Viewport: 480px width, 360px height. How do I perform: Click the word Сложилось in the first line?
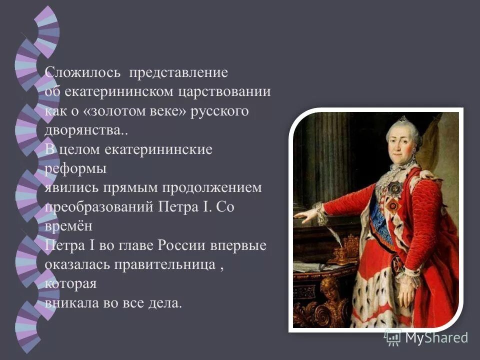tap(83, 72)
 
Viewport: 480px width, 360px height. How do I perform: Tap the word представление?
tap(178, 73)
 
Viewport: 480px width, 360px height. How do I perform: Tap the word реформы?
tap(76, 169)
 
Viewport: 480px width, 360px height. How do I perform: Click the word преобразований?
tap(100, 207)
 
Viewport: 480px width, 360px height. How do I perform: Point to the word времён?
tap(68, 226)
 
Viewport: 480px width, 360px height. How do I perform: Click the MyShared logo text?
tap(436, 337)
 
